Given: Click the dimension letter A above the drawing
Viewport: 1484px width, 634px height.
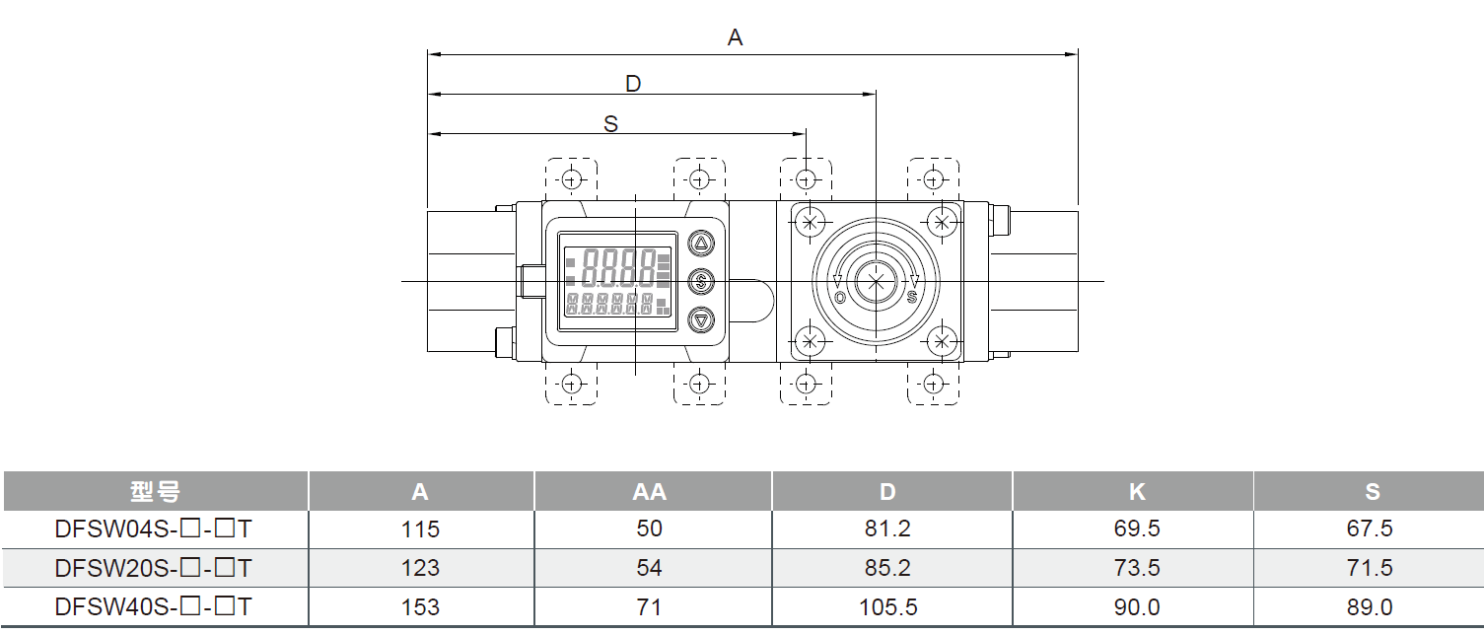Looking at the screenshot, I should (735, 38).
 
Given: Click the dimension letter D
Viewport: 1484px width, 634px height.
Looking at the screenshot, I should (633, 84).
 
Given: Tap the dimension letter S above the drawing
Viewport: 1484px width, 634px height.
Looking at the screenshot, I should (610, 124).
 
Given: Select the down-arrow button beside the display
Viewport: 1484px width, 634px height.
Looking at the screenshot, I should (701, 319).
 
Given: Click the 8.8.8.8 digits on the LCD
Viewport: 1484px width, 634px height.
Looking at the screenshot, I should (619, 265).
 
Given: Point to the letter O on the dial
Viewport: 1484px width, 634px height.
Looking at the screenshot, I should (839, 297).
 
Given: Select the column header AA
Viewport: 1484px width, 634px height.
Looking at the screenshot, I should (649, 492).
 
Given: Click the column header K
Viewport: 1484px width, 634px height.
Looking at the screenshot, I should (1136, 492).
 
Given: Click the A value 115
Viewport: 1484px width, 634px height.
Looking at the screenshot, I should (420, 529).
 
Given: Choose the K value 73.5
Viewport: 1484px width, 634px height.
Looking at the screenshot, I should (1136, 569).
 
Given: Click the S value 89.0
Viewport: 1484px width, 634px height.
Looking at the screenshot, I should (1370, 607).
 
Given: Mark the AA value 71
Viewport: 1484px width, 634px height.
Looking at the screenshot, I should (649, 607).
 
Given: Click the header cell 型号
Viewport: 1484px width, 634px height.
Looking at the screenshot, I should (155, 492).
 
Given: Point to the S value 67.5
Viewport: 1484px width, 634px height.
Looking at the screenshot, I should (1370, 529).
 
